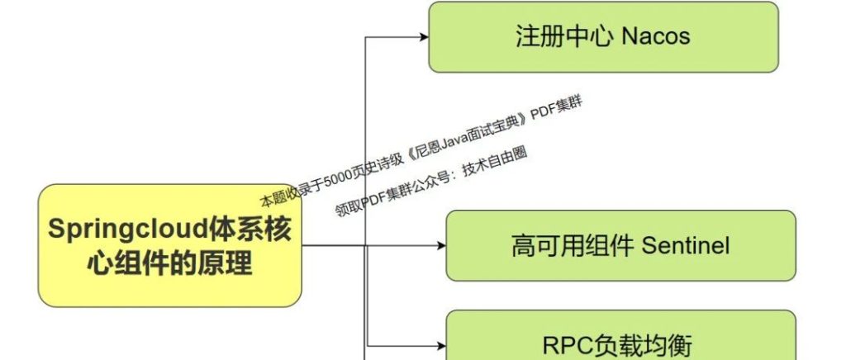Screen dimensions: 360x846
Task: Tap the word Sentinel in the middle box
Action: (x=686, y=245)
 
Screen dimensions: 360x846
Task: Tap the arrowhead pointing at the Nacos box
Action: (x=423, y=36)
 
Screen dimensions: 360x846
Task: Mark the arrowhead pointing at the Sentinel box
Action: (x=440, y=245)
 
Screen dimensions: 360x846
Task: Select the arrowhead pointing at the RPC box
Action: (x=440, y=345)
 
